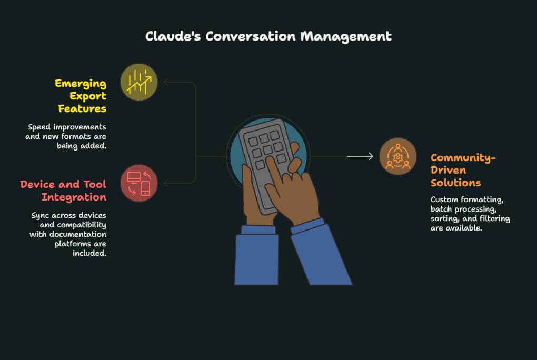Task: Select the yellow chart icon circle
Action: coord(139,82)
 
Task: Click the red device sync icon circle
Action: coord(139,183)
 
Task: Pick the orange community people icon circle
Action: coord(398,156)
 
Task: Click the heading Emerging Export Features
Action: coord(81,96)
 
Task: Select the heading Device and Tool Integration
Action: coord(63,191)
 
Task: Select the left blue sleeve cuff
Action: coord(258,229)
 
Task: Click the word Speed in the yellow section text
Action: coord(40,127)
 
